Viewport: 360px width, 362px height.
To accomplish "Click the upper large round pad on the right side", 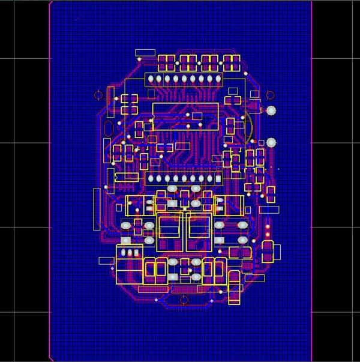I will [x=271, y=110].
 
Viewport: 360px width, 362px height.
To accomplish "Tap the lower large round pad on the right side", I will [x=271, y=142].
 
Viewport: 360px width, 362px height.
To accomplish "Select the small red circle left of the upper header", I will [x=98, y=95].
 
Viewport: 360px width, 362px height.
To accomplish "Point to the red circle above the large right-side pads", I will [x=270, y=94].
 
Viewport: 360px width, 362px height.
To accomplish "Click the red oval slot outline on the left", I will [x=109, y=129].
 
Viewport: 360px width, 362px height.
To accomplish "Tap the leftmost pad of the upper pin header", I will [x=150, y=79].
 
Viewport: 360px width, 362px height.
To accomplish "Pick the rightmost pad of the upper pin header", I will [x=218, y=79].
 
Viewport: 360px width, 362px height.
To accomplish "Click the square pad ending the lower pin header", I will [x=218, y=178].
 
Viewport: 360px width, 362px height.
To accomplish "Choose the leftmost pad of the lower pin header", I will [x=151, y=178].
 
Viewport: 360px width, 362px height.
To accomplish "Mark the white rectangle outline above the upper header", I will [x=145, y=53].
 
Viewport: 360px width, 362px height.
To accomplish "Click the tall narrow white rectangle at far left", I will [x=97, y=208].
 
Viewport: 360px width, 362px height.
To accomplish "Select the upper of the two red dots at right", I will [x=268, y=227].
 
